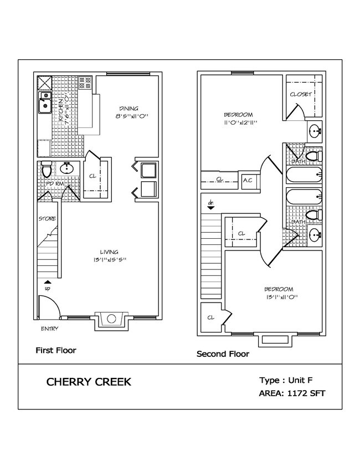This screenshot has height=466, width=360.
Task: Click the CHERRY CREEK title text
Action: (x=89, y=382)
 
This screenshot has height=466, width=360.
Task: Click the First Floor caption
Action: (x=55, y=350)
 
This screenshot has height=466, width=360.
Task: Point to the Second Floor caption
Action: (x=223, y=354)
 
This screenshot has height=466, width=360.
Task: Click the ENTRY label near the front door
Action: (x=49, y=329)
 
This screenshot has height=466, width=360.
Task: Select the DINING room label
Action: (x=128, y=108)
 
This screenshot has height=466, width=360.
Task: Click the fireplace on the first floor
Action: (x=112, y=319)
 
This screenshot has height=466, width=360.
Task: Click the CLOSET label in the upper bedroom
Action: (x=301, y=94)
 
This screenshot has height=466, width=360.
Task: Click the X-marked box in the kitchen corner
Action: (x=44, y=83)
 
